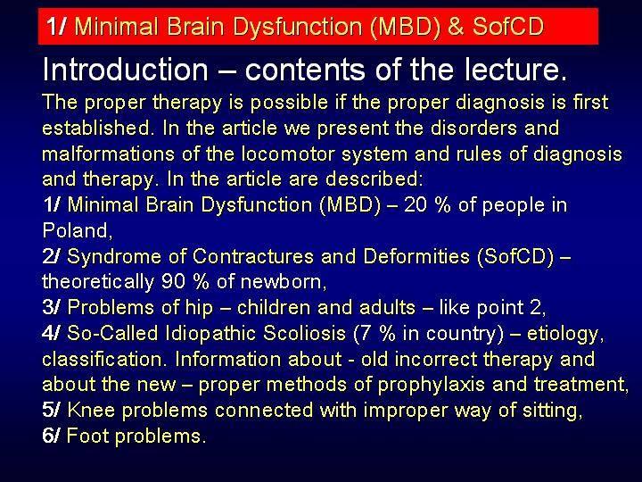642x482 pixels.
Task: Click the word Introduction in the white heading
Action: click(x=126, y=70)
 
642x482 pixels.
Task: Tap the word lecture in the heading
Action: click(x=511, y=70)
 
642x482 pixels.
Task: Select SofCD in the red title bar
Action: click(x=508, y=26)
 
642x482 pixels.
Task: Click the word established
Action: click(x=96, y=128)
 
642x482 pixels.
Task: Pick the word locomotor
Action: click(x=288, y=154)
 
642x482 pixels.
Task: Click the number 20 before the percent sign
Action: click(x=416, y=205)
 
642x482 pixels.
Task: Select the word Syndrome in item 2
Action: click(x=114, y=257)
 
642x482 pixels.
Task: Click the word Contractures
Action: click(x=253, y=256)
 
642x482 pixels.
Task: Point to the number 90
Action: click(x=173, y=282)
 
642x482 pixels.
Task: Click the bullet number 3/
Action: click(x=51, y=307)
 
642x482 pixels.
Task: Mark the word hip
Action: click(x=199, y=308)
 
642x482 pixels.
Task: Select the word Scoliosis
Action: click(x=304, y=333)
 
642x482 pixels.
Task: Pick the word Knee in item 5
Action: click(x=91, y=410)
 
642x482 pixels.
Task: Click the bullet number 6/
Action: click(x=51, y=436)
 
